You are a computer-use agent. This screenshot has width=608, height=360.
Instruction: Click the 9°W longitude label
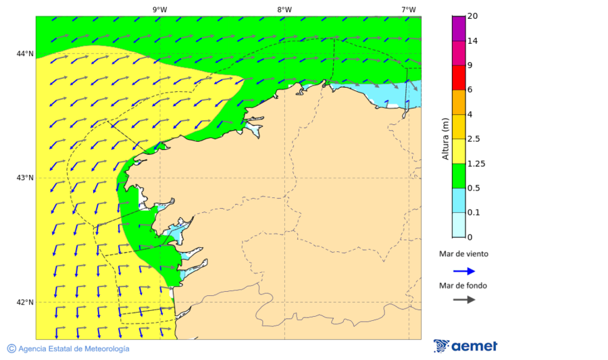click(x=159, y=9)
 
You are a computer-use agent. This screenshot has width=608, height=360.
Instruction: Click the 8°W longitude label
click(x=284, y=9)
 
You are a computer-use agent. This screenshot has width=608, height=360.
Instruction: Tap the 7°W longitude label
click(x=408, y=9)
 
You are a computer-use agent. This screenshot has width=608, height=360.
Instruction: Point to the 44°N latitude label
click(x=25, y=53)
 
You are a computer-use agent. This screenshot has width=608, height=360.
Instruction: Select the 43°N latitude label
click(x=25, y=178)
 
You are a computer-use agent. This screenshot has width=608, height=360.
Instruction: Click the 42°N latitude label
click(x=25, y=302)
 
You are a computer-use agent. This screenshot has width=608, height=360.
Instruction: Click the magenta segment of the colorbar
click(x=459, y=28)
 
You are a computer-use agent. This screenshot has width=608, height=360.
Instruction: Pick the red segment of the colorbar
click(x=459, y=77)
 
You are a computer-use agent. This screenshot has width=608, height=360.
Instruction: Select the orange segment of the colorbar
click(x=459, y=102)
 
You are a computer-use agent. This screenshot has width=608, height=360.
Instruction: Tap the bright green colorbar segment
click(x=459, y=176)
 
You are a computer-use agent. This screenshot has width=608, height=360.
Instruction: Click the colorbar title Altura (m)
click(x=445, y=139)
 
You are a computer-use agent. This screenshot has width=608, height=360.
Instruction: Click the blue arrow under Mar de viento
click(x=463, y=271)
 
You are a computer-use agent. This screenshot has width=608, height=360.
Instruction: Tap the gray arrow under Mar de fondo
click(x=463, y=299)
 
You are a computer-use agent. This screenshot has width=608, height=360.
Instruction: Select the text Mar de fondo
click(x=463, y=285)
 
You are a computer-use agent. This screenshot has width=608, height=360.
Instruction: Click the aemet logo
click(x=465, y=346)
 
